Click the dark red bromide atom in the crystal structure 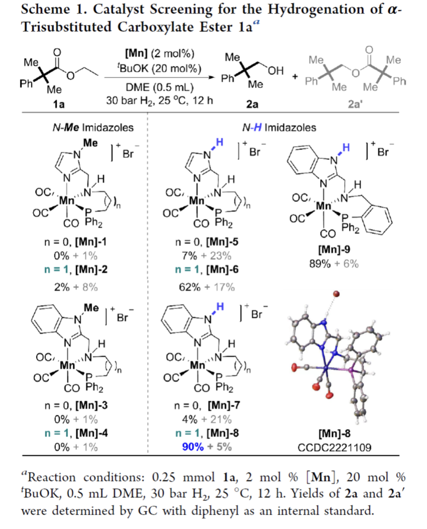click(336, 294)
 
